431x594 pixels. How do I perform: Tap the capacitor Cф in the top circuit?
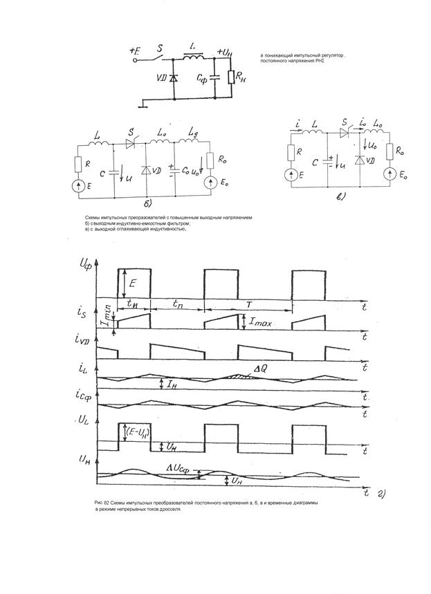213,77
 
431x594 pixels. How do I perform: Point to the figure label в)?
341,196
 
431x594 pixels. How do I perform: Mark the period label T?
247,304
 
